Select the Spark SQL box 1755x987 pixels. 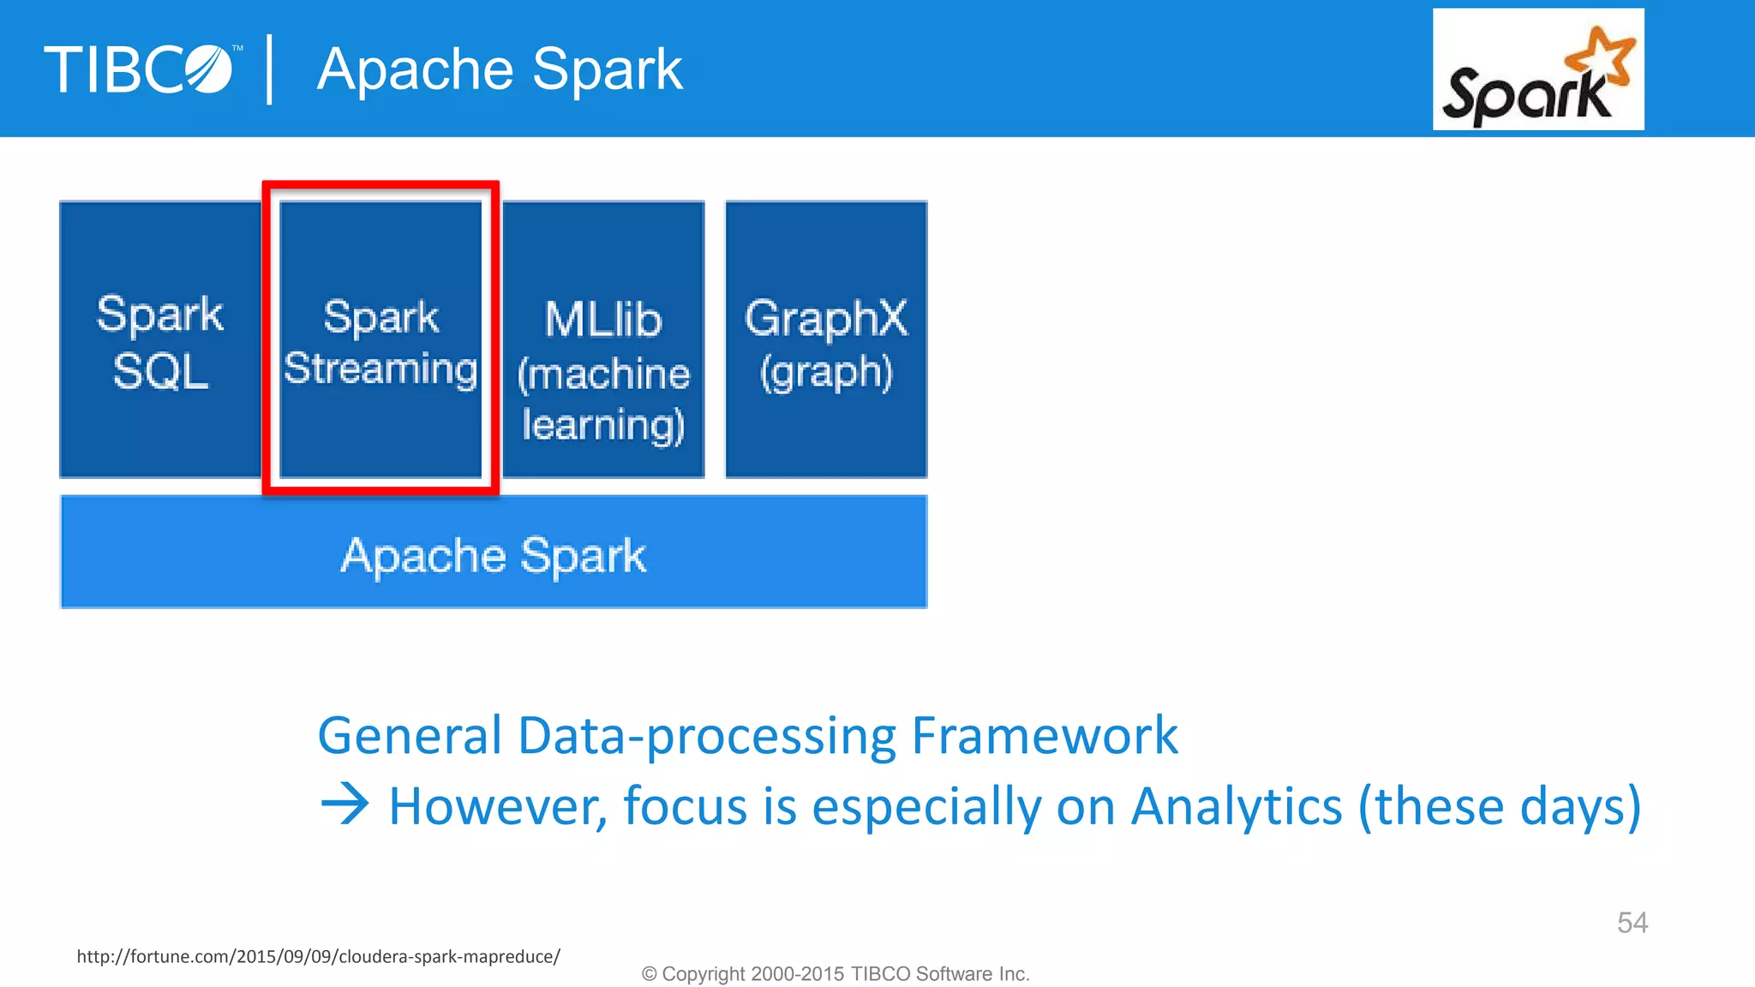159,339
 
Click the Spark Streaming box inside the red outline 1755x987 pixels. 380,339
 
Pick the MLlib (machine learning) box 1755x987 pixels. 603,339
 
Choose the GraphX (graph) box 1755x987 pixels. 826,339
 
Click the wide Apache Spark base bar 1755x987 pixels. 494,553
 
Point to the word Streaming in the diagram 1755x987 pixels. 380,368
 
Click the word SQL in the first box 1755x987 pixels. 160,372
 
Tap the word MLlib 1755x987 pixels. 603,320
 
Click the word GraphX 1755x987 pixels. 826,318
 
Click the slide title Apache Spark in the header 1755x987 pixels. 500,69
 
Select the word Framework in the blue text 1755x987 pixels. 1045,735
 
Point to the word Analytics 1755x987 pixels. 1236,806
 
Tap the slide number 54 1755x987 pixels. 1632,923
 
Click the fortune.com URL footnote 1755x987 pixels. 318,956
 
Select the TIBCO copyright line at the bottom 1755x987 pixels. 836,974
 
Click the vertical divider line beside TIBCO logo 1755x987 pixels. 270,69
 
